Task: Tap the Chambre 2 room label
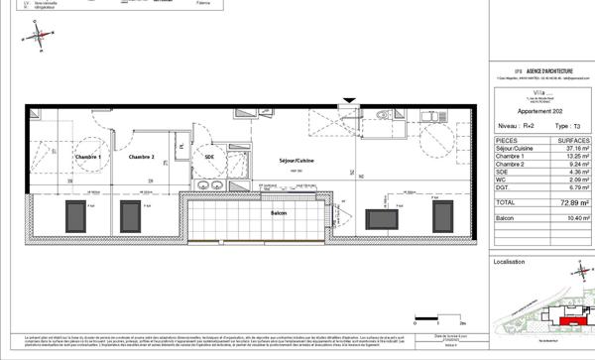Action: (140, 157)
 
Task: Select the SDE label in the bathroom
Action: (210, 157)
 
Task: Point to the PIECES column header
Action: (508, 142)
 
